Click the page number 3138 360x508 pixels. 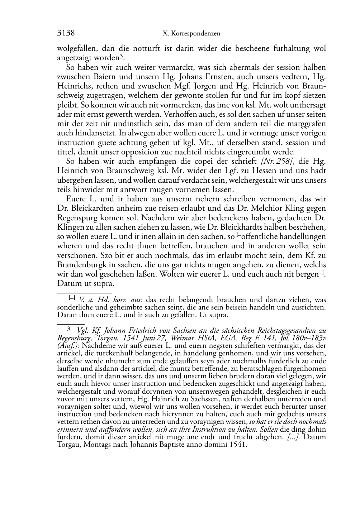click(x=66, y=33)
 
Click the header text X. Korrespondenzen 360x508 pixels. click(x=191, y=34)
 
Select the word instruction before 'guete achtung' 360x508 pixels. click(x=75, y=143)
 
